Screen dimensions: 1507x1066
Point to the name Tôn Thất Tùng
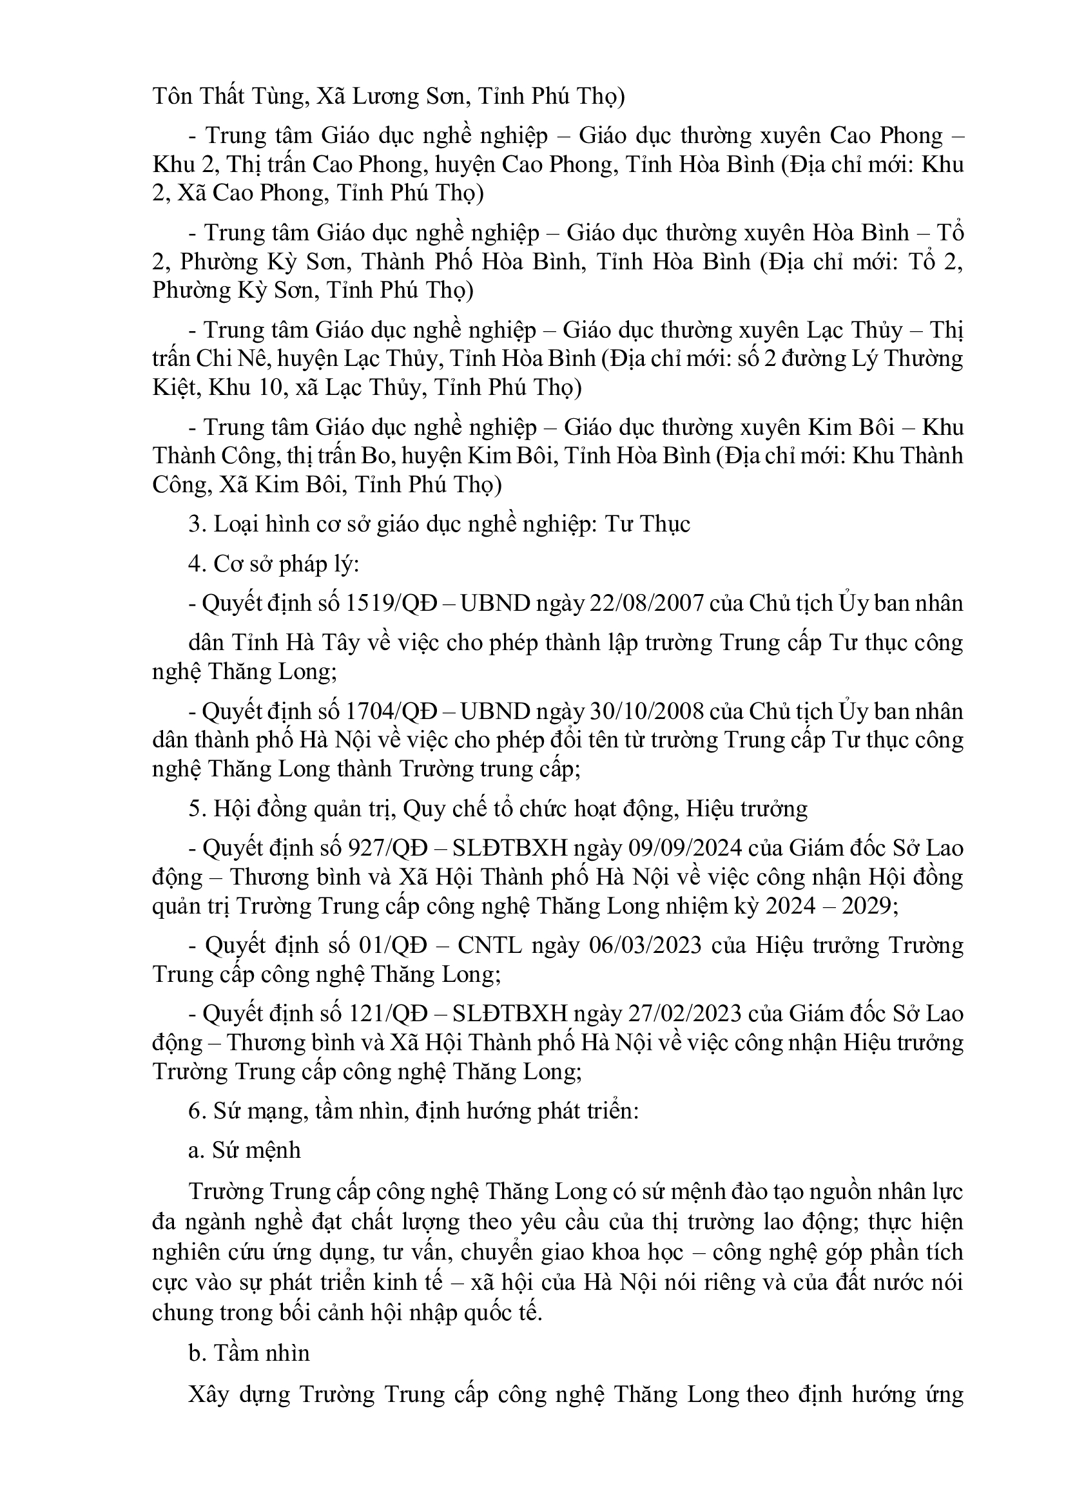[x=228, y=97]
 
